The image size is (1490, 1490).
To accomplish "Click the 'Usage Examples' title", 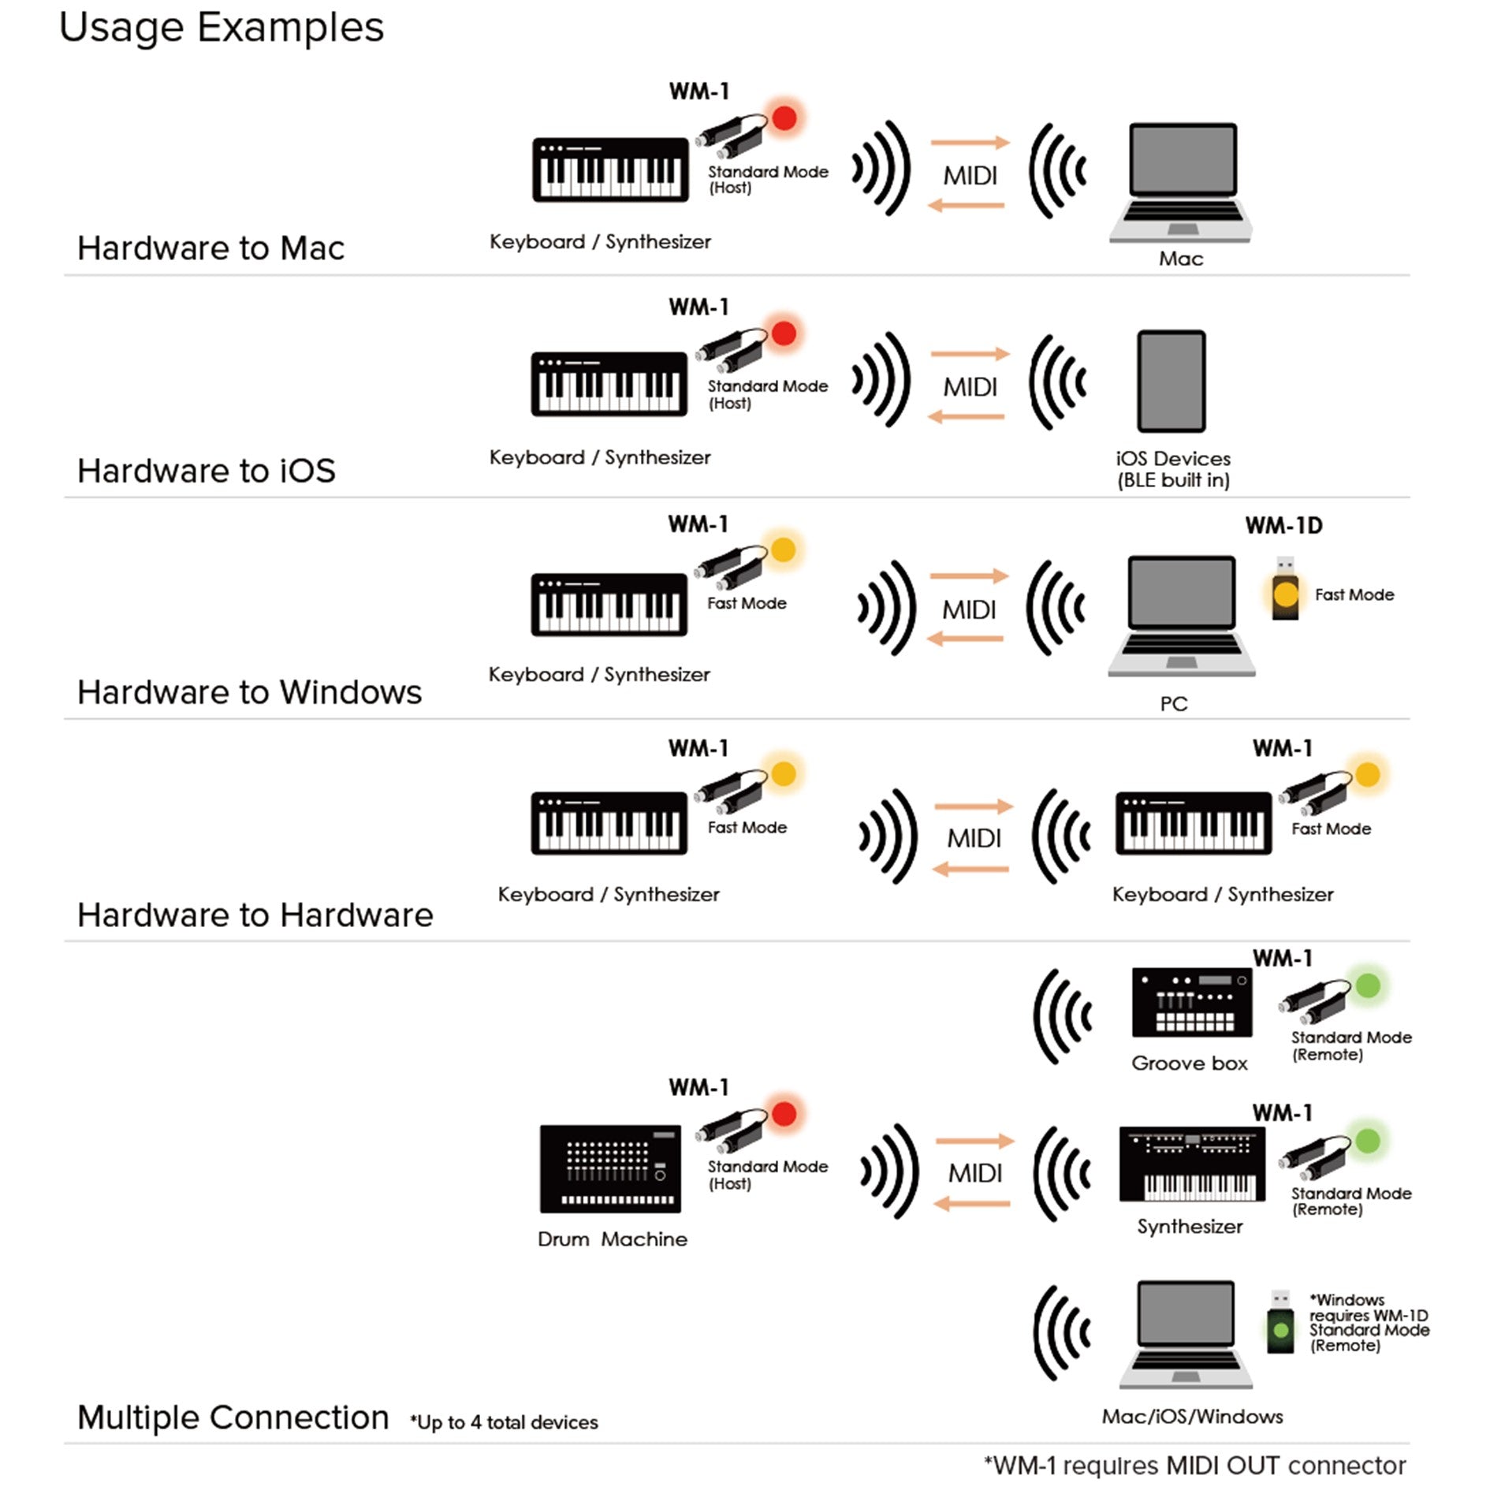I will (x=222, y=28).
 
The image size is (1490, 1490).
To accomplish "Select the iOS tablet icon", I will (x=1172, y=381).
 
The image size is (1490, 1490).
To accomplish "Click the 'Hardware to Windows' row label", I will (x=249, y=692).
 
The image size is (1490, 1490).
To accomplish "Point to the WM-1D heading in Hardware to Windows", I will (x=1283, y=526).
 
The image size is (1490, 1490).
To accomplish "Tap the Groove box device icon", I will (x=1191, y=1002).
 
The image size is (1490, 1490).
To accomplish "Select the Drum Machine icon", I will (x=610, y=1168).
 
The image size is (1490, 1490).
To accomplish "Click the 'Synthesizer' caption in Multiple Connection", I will (x=1190, y=1227).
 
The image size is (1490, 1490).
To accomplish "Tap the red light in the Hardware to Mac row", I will (x=784, y=118).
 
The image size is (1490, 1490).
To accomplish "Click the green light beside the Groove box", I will (x=1368, y=985).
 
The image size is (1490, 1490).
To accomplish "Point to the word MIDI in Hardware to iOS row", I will (x=970, y=387).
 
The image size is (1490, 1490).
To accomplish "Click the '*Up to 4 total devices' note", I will (x=504, y=1423).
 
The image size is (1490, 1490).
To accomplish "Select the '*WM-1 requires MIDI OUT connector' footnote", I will (x=1194, y=1466).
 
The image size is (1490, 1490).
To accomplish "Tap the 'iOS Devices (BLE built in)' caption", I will (x=1173, y=469).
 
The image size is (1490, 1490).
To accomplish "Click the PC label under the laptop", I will (x=1174, y=703).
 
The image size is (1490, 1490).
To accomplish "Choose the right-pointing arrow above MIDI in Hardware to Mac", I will (x=970, y=143).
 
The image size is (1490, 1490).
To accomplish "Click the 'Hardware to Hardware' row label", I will (x=255, y=915).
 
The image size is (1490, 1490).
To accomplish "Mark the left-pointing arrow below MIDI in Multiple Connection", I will (x=972, y=1204).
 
